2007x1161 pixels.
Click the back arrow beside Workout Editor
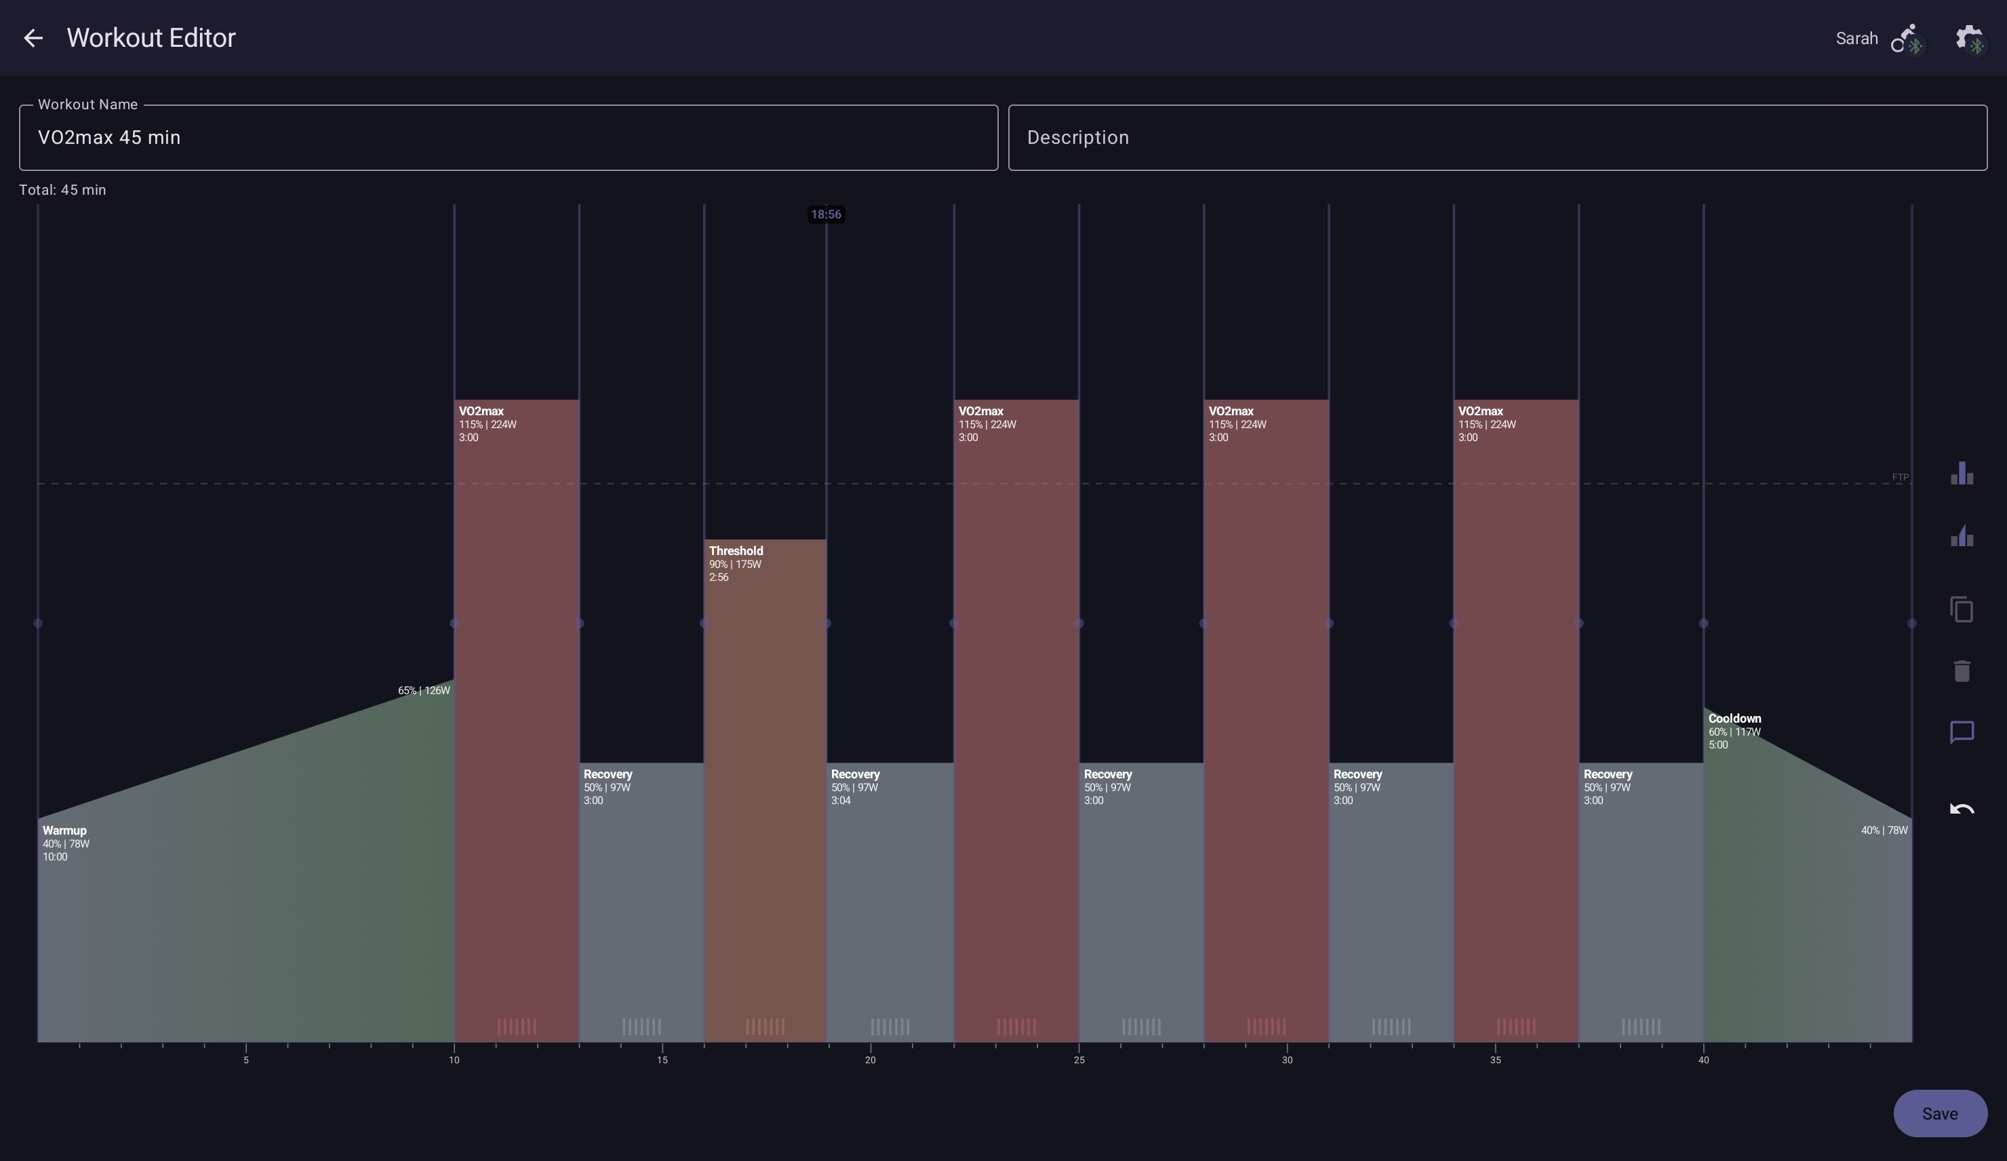(x=33, y=37)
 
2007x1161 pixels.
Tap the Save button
(x=1939, y=1114)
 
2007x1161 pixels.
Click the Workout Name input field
(x=508, y=138)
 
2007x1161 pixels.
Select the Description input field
(x=1497, y=138)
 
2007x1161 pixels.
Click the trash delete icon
(x=1962, y=671)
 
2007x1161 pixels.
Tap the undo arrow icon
(x=1962, y=810)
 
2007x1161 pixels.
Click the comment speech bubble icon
(x=1962, y=732)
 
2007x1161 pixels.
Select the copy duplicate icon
(x=1962, y=609)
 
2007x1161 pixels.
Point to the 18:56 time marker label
(x=826, y=214)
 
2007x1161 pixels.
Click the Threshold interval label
(x=736, y=550)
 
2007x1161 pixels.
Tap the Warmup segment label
(x=64, y=831)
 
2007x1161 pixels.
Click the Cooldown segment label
(x=1734, y=719)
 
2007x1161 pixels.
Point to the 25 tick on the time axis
(x=1078, y=1060)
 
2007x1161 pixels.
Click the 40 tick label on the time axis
(x=1703, y=1060)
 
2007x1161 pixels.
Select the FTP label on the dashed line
(x=1901, y=477)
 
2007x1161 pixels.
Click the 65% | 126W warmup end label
(x=424, y=690)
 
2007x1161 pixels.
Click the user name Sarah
(x=1856, y=38)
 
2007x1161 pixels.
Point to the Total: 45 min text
(x=63, y=189)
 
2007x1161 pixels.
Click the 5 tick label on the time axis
(x=246, y=1060)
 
